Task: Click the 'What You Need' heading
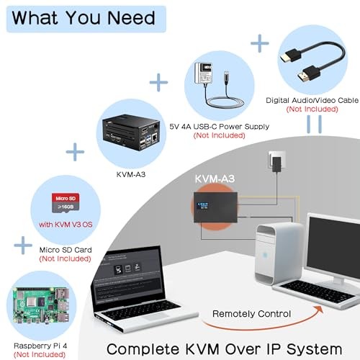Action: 83,17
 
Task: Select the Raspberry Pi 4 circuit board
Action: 40,306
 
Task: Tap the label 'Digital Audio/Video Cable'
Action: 312,99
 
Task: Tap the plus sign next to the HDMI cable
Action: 258,43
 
